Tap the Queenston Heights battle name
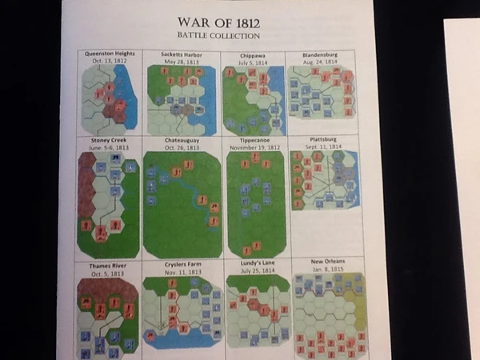click(110, 54)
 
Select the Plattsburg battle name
click(323, 139)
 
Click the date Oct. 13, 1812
click(110, 61)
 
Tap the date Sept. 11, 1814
click(323, 146)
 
